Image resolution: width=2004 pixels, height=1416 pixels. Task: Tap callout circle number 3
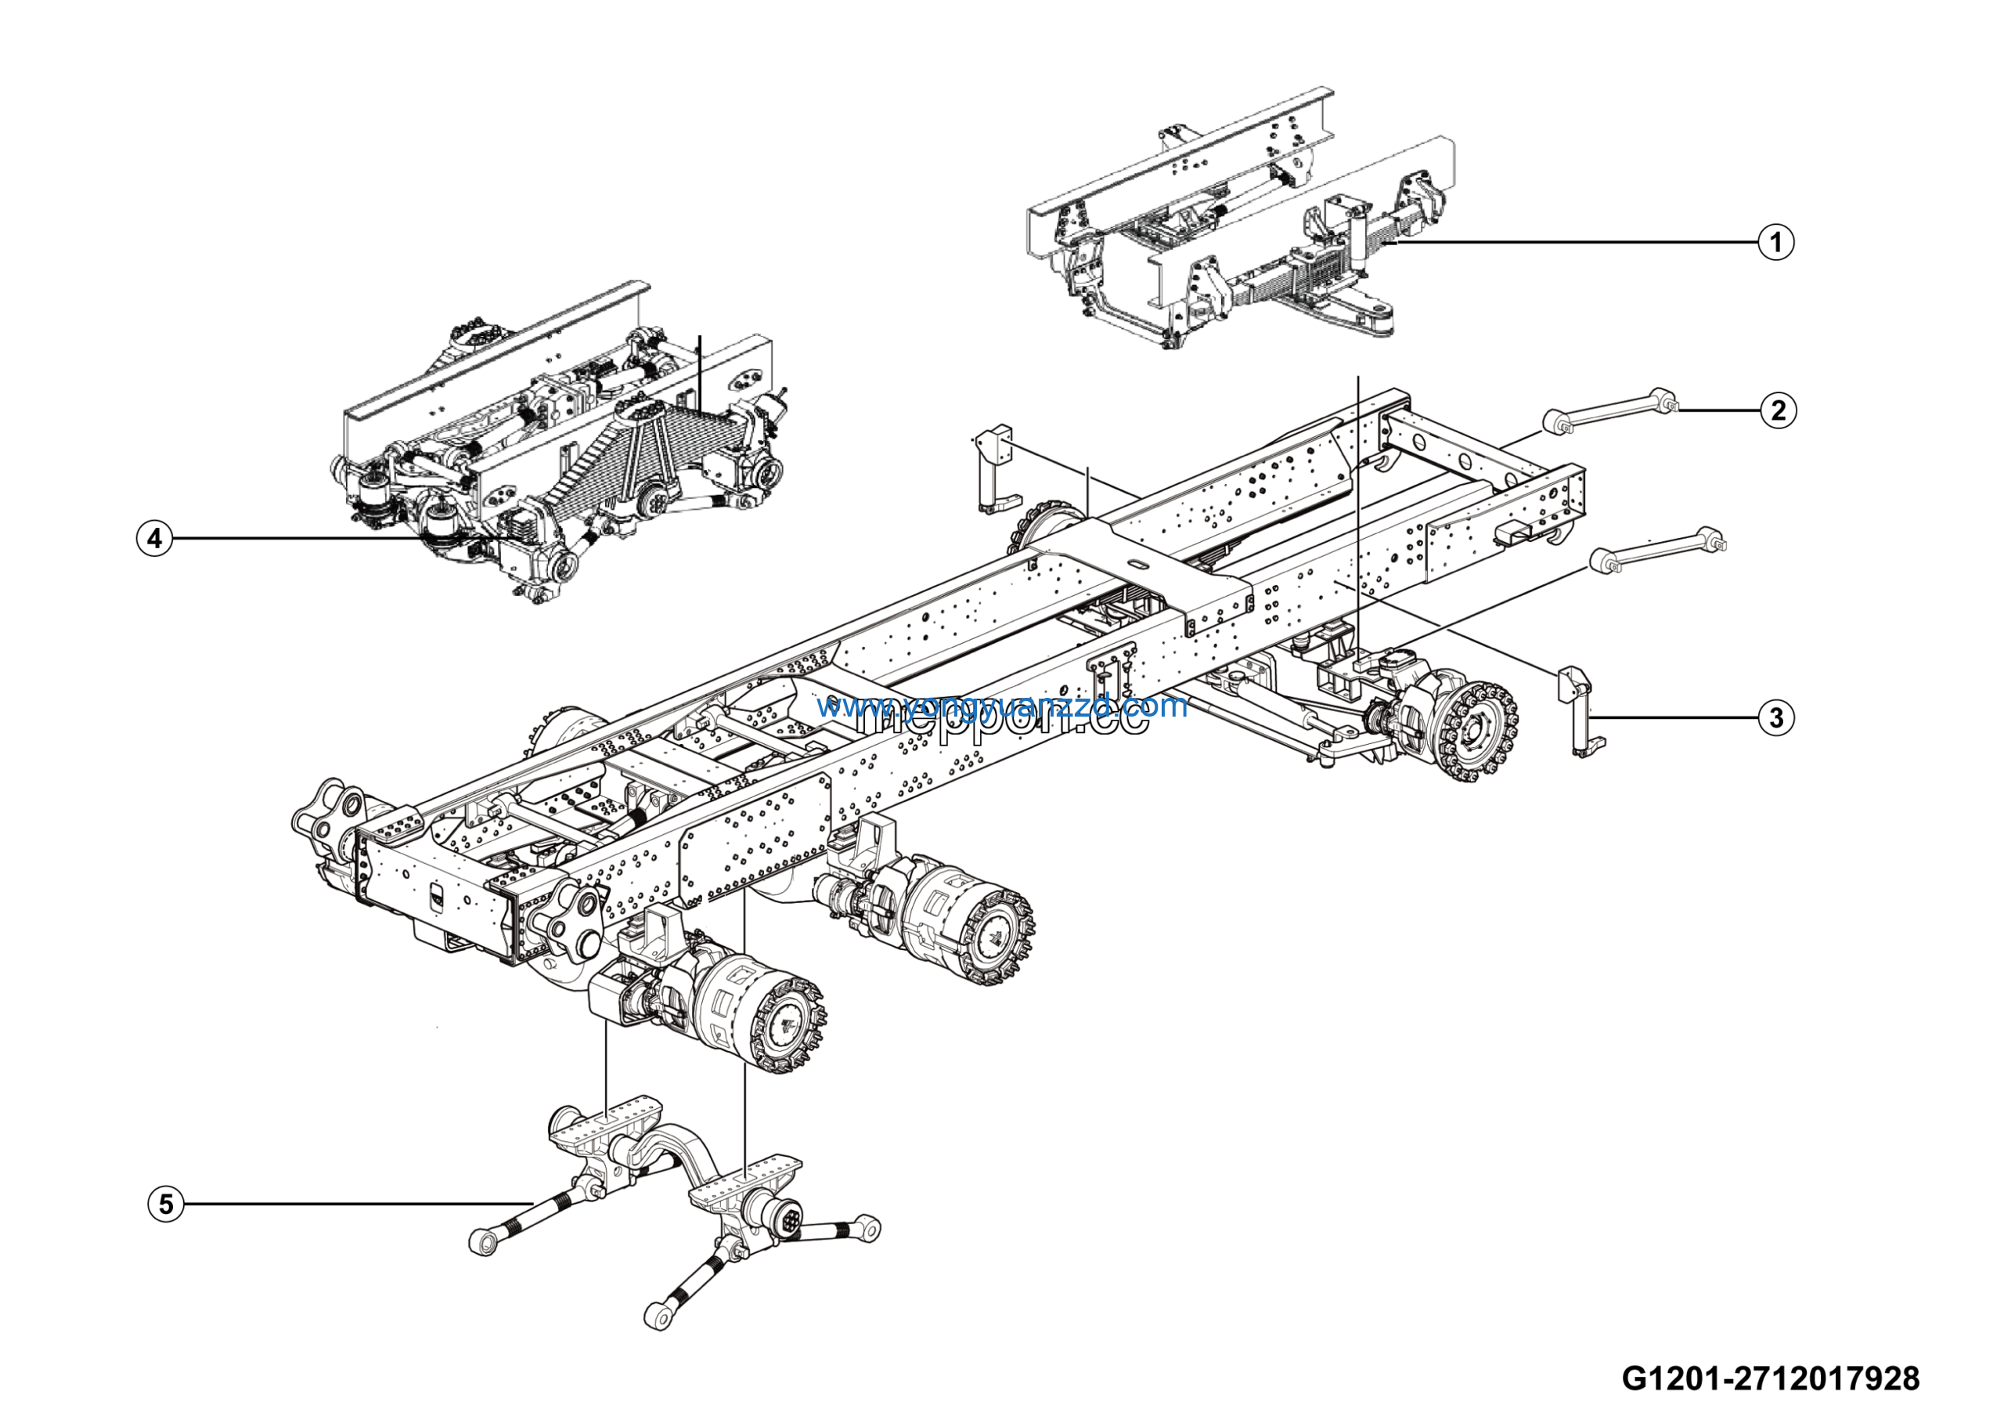click(1776, 717)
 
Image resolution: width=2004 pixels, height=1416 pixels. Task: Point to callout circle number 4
click(154, 538)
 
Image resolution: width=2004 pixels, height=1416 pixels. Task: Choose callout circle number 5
click(166, 1205)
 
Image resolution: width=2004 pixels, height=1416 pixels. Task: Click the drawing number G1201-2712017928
click(1770, 1378)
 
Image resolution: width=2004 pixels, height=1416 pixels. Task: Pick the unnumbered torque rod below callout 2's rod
click(1658, 550)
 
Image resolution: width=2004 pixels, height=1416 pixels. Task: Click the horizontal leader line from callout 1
click(1571, 242)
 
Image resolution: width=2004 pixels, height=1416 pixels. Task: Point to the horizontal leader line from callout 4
click(297, 539)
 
